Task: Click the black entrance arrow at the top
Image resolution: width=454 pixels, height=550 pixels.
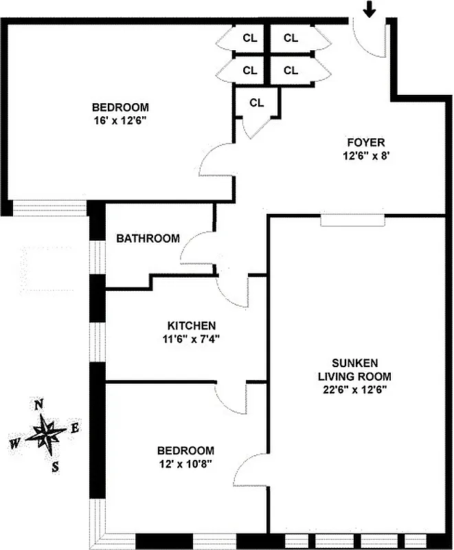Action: pyautogui.click(x=370, y=9)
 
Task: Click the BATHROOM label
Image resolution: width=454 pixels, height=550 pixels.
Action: pyautogui.click(x=148, y=239)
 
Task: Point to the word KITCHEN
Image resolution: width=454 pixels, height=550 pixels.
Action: pyautogui.click(x=192, y=325)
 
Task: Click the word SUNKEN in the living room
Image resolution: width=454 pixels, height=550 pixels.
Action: pyautogui.click(x=354, y=363)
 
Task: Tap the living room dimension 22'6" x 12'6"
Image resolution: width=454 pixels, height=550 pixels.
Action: pyautogui.click(x=354, y=389)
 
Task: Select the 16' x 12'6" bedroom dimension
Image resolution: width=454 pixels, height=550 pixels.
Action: pyautogui.click(x=121, y=120)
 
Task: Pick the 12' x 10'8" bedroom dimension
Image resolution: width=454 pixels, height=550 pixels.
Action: pyautogui.click(x=185, y=463)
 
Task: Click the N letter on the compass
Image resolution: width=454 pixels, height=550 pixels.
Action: pyautogui.click(x=40, y=404)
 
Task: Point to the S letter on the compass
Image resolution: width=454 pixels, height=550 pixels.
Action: pyautogui.click(x=54, y=467)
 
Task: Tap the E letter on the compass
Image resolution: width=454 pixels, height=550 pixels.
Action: pyautogui.click(x=76, y=428)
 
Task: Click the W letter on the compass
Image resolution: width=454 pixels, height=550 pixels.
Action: pyautogui.click(x=15, y=443)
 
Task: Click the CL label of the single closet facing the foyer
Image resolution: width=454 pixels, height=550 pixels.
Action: pyautogui.click(x=257, y=103)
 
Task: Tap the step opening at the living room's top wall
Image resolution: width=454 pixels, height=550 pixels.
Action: pyautogui.click(x=353, y=219)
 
